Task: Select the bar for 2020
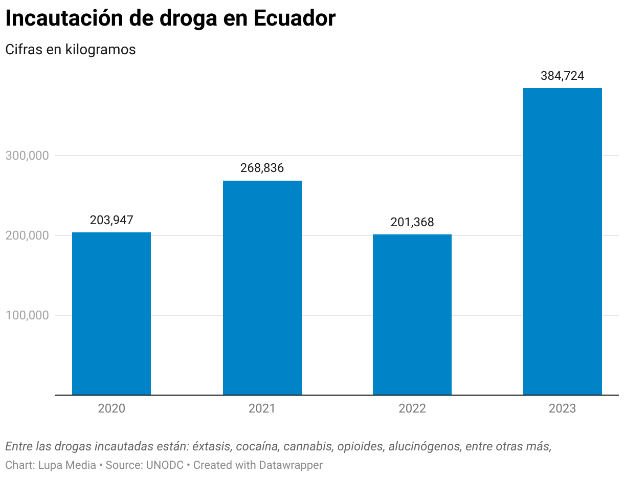click(x=112, y=313)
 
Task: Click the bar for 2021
click(x=262, y=288)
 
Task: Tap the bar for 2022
click(x=412, y=314)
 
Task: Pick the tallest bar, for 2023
click(x=563, y=242)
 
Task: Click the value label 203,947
click(x=112, y=220)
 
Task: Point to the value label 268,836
click(x=262, y=168)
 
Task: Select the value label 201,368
click(x=412, y=222)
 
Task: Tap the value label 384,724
click(x=563, y=76)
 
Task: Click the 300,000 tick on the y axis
click(x=27, y=156)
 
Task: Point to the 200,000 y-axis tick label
click(x=27, y=235)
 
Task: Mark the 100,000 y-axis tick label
click(x=27, y=315)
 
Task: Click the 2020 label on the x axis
click(x=112, y=408)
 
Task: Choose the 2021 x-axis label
click(x=262, y=408)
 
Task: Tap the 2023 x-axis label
click(x=563, y=408)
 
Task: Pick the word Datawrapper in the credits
click(x=291, y=465)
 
